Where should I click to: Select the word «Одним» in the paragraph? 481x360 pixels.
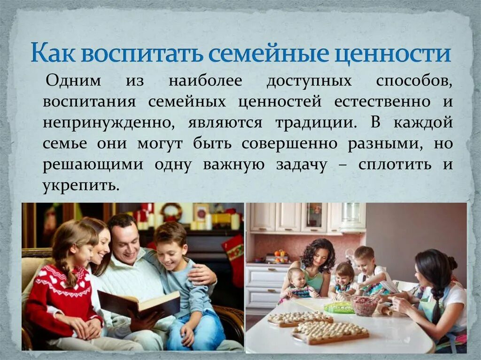coord(73,81)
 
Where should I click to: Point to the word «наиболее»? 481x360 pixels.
coord(205,81)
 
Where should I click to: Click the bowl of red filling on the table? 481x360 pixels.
coord(365,306)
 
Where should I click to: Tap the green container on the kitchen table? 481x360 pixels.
coord(339,307)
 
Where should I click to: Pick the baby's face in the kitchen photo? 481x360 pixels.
coord(296,277)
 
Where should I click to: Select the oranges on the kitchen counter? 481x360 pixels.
coord(280,255)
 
